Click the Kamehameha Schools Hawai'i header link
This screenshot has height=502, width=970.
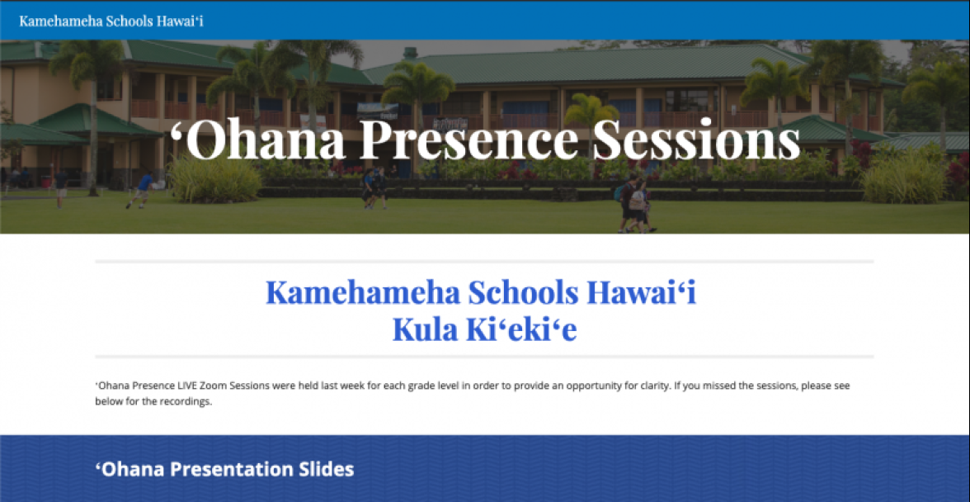tap(111, 21)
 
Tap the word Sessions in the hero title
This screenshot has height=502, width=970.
tap(695, 140)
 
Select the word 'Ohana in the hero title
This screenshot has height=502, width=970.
tap(257, 140)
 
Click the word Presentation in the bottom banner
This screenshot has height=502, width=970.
tap(233, 469)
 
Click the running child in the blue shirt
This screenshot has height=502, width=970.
tap(142, 189)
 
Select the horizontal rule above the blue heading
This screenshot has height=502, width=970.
tap(484, 262)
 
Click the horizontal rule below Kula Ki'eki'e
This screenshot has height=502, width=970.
tap(484, 357)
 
